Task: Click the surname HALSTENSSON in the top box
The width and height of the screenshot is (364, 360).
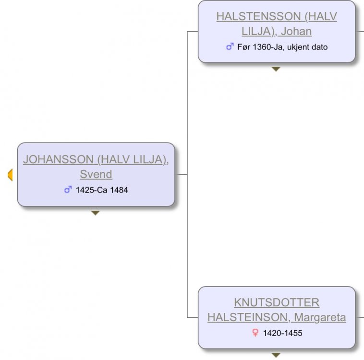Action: point(259,16)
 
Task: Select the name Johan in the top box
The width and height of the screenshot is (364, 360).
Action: point(296,31)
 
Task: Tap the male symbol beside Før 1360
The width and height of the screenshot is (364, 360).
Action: point(230,47)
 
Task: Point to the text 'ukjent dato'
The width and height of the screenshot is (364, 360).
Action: point(307,47)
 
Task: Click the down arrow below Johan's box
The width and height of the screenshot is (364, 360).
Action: point(276,69)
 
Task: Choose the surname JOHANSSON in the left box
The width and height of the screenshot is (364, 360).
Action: point(58,159)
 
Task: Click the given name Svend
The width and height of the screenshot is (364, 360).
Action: point(96,174)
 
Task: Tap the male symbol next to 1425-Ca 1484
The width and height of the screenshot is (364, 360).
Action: point(68,190)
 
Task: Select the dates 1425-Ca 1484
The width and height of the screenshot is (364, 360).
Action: point(102,190)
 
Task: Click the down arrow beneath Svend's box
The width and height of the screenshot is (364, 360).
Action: point(95,213)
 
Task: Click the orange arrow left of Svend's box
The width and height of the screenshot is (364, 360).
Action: point(10,175)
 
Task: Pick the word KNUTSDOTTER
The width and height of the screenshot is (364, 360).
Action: point(277,302)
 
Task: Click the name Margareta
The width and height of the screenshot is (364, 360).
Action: point(320,317)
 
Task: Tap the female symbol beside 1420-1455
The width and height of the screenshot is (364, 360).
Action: point(255,333)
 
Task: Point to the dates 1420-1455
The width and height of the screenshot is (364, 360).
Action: point(282,333)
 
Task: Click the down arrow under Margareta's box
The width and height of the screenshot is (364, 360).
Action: point(276,355)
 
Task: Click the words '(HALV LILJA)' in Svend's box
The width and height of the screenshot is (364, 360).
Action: point(132,160)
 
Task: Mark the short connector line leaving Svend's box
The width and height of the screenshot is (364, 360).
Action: point(181,174)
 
